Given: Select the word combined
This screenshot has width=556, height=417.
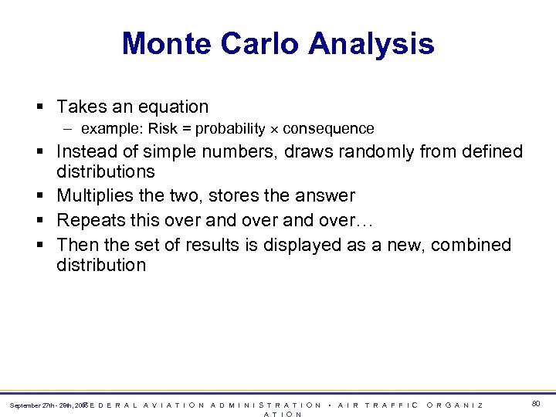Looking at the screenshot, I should (x=471, y=245).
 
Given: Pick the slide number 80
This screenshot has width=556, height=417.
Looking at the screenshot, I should (x=536, y=404).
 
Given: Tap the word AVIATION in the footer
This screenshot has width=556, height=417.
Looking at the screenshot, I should (x=175, y=405).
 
